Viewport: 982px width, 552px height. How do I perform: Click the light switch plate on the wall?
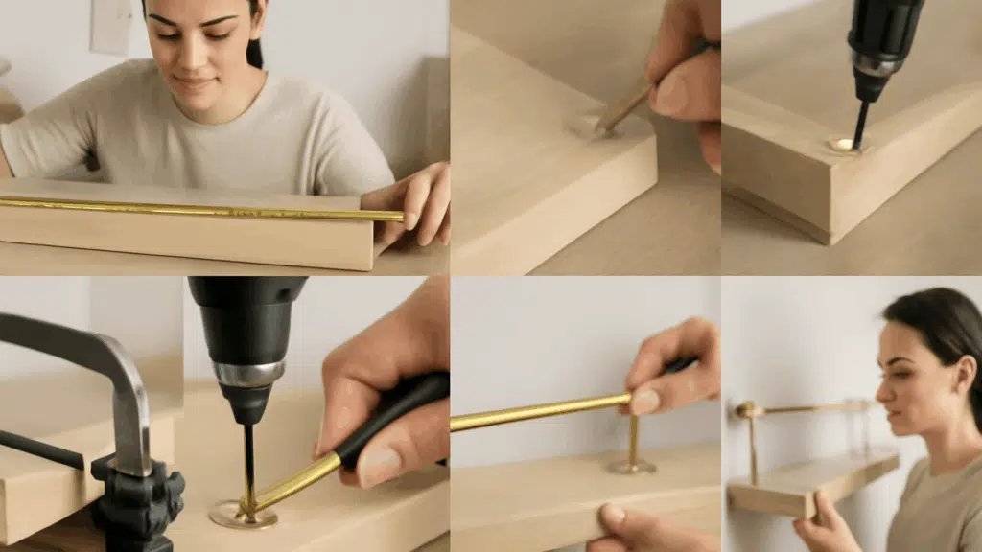pyautogui.click(x=110, y=26)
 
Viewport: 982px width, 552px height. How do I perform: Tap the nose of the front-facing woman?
pyautogui.click(x=197, y=59)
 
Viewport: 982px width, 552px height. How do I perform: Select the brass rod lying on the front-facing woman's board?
pyautogui.click(x=192, y=208)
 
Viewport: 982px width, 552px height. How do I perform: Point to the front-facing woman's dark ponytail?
pyautogui.click(x=254, y=48)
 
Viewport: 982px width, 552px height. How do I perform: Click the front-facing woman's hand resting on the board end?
pyautogui.click(x=417, y=201)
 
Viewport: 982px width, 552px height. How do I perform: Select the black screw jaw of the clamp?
pyautogui.click(x=139, y=498)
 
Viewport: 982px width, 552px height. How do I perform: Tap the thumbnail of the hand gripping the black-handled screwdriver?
pyautogui.click(x=379, y=467)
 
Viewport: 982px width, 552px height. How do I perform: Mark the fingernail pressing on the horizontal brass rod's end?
pyautogui.click(x=644, y=402)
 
